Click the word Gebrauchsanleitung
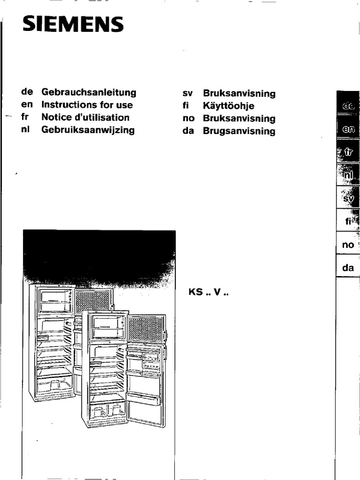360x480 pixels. tap(89, 92)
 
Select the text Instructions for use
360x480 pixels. tap(87, 105)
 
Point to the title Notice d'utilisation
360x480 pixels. tap(85, 118)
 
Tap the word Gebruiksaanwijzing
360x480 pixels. tap(88, 130)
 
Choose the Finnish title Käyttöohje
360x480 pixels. tap(228, 106)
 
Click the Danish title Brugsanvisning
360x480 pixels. tap(239, 132)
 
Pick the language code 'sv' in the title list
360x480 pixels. tap(187, 94)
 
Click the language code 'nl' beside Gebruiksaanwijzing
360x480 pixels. tap(25, 130)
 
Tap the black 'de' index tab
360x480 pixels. tap(348, 107)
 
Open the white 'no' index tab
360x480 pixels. tap(348, 245)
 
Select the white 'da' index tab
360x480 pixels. tap(348, 268)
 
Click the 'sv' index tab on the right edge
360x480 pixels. tap(348, 198)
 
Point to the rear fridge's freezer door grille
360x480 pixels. tap(93, 300)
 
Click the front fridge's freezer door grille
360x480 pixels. tap(145, 329)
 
